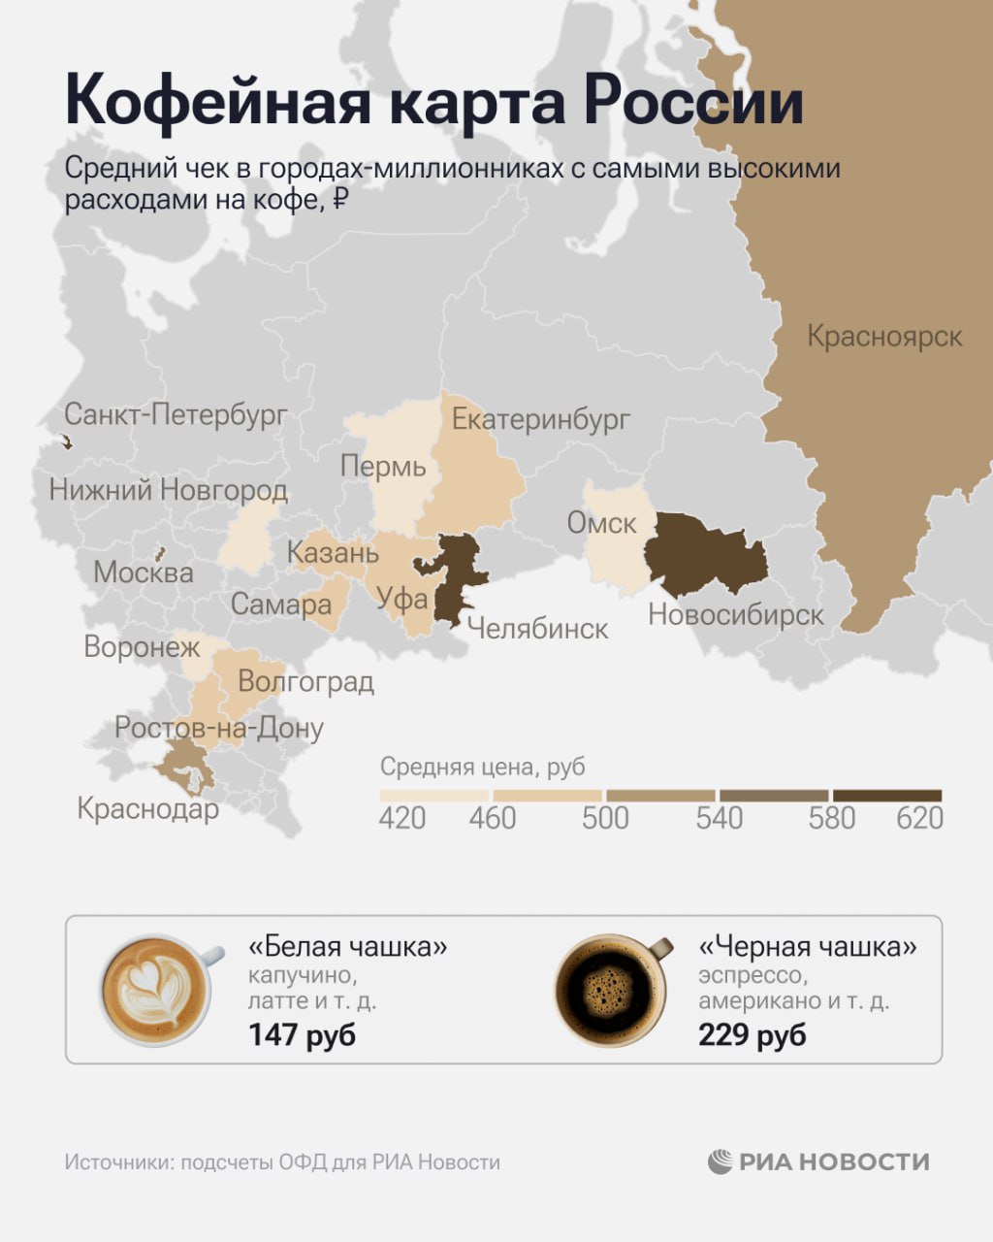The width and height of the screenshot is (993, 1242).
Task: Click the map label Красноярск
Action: tap(884, 337)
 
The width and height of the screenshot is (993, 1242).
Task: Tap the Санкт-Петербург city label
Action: tap(176, 415)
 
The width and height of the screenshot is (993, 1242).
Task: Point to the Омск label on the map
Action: tap(601, 523)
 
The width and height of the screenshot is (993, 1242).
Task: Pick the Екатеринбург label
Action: tap(541, 419)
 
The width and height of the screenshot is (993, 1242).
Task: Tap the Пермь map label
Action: tap(383, 467)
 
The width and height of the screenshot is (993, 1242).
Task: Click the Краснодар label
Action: tap(147, 808)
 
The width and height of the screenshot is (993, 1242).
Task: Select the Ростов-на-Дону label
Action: tap(219, 728)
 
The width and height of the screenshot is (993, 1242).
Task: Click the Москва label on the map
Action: tap(144, 572)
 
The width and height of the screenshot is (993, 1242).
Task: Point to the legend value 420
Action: tap(401, 818)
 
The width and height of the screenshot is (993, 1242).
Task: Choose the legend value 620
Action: tap(919, 818)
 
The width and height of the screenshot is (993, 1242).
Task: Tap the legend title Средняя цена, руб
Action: tap(483, 767)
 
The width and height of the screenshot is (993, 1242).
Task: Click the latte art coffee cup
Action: tap(155, 990)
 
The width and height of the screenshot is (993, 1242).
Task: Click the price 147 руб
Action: tap(302, 1034)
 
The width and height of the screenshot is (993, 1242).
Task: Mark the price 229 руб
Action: tap(752, 1034)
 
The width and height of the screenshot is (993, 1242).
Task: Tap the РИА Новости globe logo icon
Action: tap(720, 1161)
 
